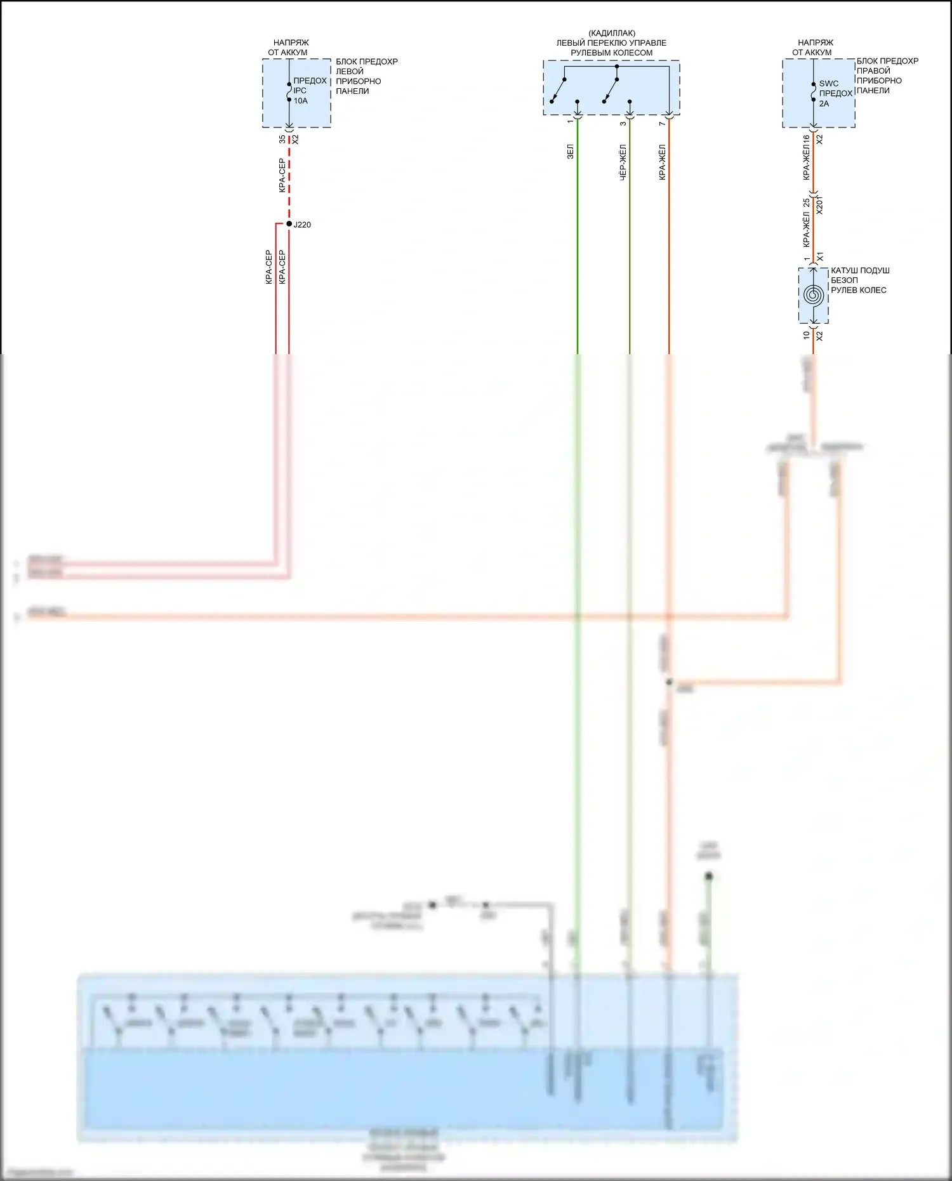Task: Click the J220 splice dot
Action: pyautogui.click(x=289, y=224)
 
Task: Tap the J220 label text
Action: pyautogui.click(x=302, y=225)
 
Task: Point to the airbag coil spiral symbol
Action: pyautogui.click(x=813, y=295)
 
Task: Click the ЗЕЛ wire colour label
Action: pyautogui.click(x=570, y=151)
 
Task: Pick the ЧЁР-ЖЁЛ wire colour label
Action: pyautogui.click(x=623, y=162)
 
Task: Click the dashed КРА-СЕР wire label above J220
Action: pyautogui.click(x=282, y=176)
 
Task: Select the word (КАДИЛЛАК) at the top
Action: pyautogui.click(x=612, y=33)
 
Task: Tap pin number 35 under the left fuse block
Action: pyautogui.click(x=282, y=139)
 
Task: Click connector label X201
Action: pyautogui.click(x=819, y=205)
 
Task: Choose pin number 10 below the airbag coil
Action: pyautogui.click(x=806, y=335)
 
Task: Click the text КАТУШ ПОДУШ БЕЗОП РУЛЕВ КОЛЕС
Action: pyautogui.click(x=859, y=280)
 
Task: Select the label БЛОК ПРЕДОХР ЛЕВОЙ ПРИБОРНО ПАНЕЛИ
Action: pyautogui.click(x=366, y=76)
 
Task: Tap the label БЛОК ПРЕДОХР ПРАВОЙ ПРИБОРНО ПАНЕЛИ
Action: pyautogui.click(x=887, y=76)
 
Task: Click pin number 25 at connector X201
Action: pyautogui.click(x=806, y=203)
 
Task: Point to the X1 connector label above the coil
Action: pyautogui.click(x=819, y=257)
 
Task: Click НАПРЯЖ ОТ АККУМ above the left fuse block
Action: pyautogui.click(x=289, y=48)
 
